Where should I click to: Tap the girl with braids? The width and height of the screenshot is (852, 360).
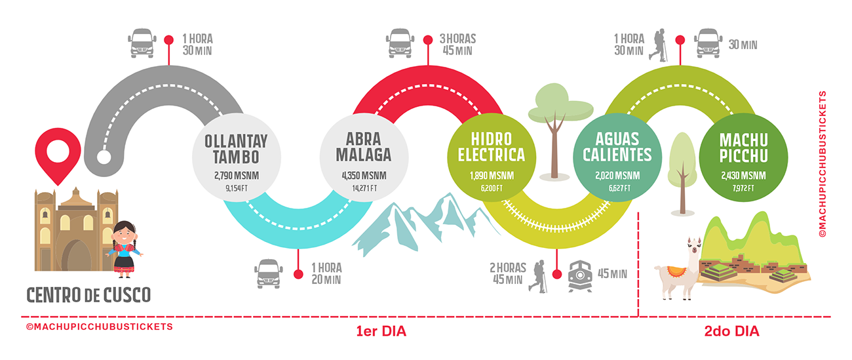[125, 249]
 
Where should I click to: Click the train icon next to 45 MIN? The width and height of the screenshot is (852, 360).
[581, 274]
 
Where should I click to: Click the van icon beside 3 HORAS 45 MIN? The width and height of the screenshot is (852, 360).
[400, 42]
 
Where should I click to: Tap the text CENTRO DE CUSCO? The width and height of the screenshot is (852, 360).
[88, 294]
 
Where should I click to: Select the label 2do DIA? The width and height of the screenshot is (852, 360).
[731, 332]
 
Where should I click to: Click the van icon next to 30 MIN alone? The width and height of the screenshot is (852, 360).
[709, 42]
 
